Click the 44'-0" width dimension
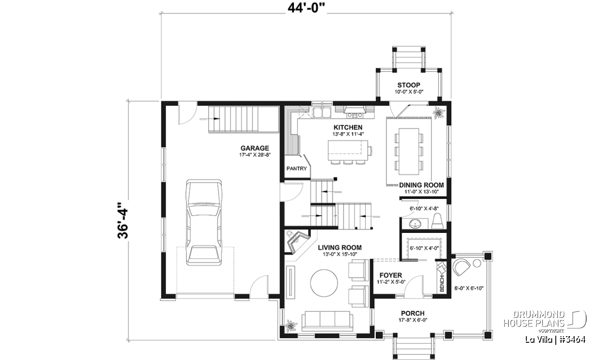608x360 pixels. [x=307, y=8]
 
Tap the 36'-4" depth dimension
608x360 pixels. [x=123, y=220]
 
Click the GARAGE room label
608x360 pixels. [x=254, y=148]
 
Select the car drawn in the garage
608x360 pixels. [x=204, y=222]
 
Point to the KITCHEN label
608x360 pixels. [x=348, y=127]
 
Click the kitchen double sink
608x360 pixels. [x=322, y=112]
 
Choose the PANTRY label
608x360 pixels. [x=296, y=169]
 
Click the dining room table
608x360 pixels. [x=409, y=151]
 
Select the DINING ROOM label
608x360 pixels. [x=422, y=185]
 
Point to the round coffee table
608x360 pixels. [x=324, y=283]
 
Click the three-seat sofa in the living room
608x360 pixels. [x=327, y=321]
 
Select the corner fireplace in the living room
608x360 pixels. [x=297, y=242]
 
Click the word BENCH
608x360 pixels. [x=442, y=284]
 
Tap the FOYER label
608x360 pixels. [x=391, y=275]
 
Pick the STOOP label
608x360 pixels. [x=409, y=85]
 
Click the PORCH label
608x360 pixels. [x=413, y=313]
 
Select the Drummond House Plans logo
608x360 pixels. [x=545, y=321]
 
